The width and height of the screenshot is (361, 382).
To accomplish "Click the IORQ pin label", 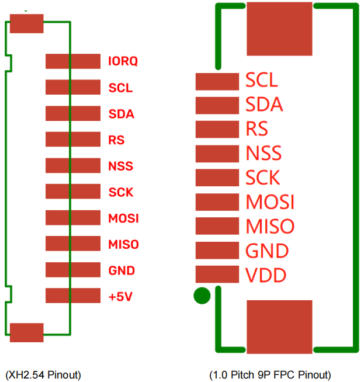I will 123,61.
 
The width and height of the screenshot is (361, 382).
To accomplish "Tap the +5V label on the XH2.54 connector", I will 120,296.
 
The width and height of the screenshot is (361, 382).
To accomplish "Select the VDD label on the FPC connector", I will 266,275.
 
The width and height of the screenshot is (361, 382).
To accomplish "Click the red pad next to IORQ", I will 73,61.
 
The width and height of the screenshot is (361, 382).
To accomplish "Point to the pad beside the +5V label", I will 73,296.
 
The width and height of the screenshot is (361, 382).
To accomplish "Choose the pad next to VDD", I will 217,274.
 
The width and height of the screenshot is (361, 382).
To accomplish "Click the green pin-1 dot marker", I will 202,296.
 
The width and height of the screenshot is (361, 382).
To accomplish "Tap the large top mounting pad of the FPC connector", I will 280,29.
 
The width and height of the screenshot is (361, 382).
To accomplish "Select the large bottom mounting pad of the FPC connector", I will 280,327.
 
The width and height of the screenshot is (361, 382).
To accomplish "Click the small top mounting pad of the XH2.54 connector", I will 27,24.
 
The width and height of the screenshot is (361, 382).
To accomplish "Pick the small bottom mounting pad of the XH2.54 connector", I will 27,332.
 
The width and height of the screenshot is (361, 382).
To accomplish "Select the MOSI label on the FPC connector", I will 270,202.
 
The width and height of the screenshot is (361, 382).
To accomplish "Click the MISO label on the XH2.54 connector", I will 124,244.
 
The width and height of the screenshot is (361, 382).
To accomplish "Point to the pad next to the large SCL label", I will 217,81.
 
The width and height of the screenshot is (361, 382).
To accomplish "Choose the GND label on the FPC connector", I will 267,251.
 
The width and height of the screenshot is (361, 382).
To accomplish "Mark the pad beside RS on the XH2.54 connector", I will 73,140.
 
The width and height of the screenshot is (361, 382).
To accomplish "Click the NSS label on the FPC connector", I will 263,154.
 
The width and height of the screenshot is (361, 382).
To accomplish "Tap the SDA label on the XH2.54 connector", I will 122,114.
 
